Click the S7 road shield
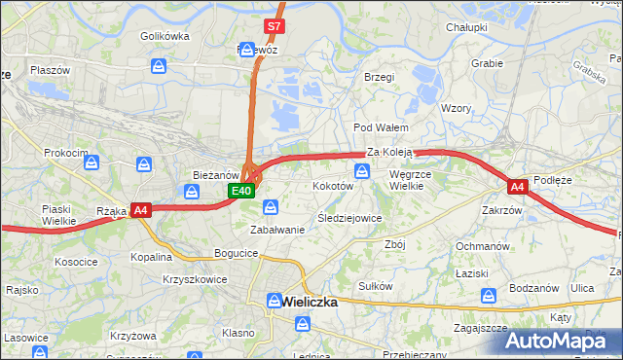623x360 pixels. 275,26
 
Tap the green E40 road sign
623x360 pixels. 242,191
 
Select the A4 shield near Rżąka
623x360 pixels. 140,209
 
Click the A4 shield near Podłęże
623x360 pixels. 517,184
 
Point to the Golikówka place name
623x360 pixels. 164,36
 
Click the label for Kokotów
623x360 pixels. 332,185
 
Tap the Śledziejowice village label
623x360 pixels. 349,219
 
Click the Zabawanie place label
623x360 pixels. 277,230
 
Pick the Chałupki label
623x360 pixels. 466,28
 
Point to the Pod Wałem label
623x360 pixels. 380,127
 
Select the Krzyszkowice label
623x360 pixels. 196,279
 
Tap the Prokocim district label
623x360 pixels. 65,154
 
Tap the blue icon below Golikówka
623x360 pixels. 159,66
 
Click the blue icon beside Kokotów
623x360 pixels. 362,171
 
